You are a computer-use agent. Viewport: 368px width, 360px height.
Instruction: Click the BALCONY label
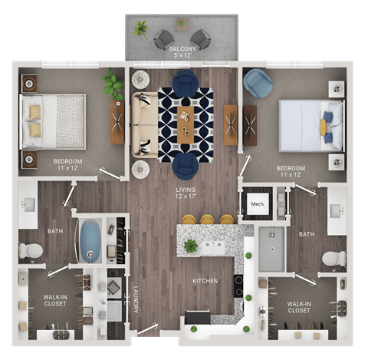point(183,48)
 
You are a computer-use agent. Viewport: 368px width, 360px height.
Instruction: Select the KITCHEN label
point(205,282)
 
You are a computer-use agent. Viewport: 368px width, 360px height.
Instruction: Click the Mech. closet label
point(257,204)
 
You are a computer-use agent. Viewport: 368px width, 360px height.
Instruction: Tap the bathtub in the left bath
point(90,240)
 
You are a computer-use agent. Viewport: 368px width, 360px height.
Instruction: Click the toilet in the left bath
point(31,250)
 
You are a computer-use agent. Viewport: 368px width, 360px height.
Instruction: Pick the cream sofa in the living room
point(143,127)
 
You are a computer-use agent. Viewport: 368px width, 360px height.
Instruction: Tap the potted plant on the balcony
point(140,30)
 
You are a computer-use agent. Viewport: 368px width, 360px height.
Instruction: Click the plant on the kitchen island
point(190,246)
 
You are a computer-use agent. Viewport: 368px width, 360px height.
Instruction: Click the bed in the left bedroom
point(52,121)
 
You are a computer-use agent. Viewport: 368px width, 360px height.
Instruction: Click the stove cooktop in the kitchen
point(238,286)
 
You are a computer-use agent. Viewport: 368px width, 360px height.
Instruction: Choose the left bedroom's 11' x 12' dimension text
point(67,169)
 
